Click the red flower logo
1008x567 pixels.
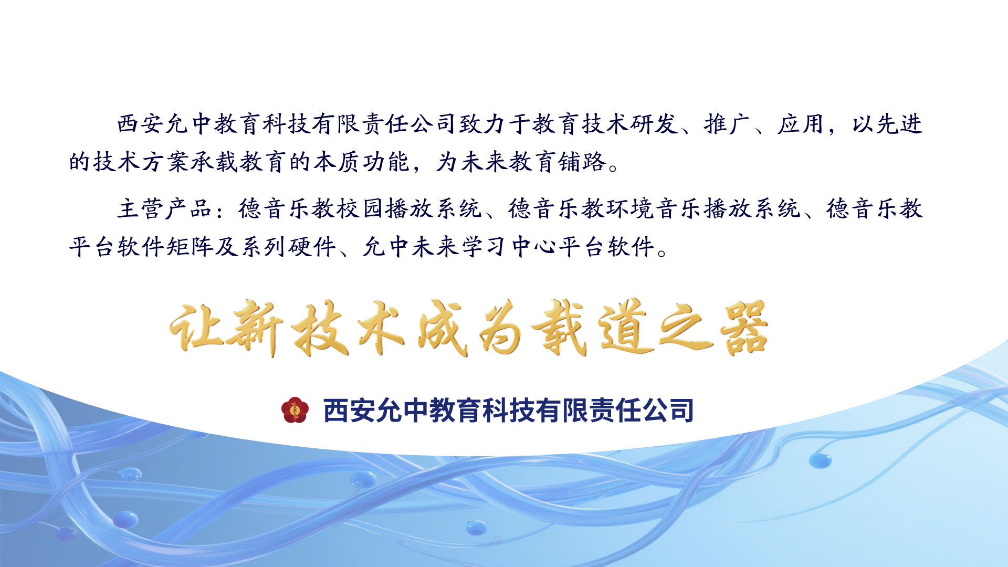point(295,410)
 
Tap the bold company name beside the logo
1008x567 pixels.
point(508,411)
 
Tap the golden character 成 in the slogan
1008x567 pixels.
point(442,329)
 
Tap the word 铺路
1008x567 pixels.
point(582,162)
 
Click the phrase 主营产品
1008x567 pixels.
point(165,208)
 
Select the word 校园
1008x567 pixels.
point(361,208)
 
